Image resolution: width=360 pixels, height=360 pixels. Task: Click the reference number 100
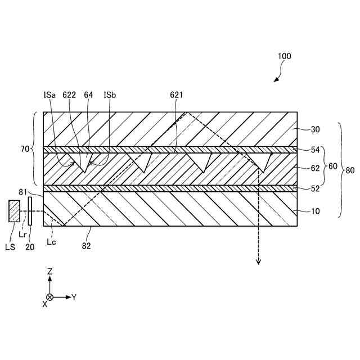click(285, 56)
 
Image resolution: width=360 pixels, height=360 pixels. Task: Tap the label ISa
click(49, 96)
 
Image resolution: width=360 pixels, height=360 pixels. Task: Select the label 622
click(70, 96)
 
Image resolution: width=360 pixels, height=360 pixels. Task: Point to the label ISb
click(110, 96)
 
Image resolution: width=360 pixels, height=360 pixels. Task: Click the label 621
click(176, 96)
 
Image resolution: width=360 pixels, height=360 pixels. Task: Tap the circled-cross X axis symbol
click(50, 296)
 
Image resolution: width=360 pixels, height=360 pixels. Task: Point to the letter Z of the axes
click(50, 271)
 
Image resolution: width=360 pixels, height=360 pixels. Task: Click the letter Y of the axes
click(74, 296)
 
